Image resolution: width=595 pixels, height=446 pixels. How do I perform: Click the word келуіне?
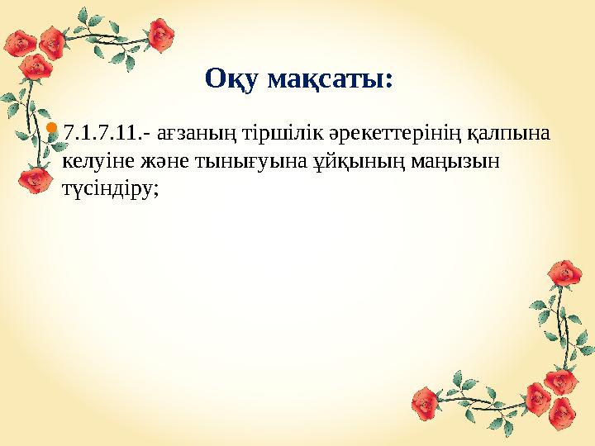click(x=94, y=160)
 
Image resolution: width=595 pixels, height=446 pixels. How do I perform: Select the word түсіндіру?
click(x=110, y=187)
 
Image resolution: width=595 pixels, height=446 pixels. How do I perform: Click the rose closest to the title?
click(x=162, y=35)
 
